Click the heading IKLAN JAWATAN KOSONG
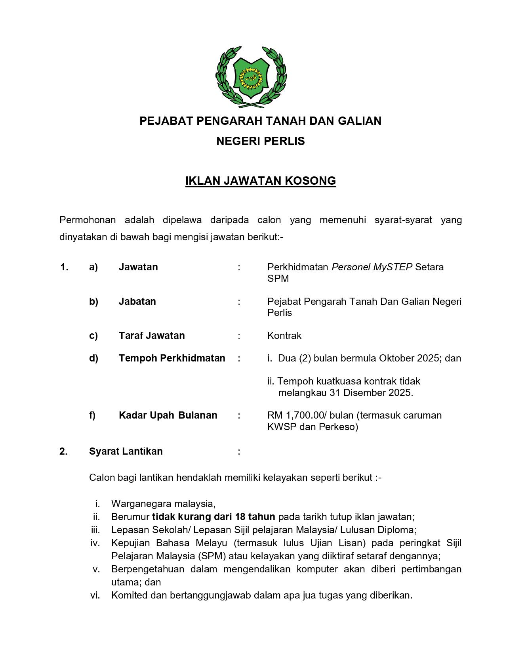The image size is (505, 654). (x=261, y=181)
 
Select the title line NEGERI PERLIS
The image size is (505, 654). (x=261, y=141)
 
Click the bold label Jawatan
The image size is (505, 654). (x=138, y=267)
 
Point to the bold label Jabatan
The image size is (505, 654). (x=137, y=302)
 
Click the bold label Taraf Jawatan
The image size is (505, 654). (x=152, y=336)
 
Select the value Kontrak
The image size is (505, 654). (x=284, y=336)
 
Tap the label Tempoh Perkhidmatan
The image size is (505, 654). (x=172, y=358)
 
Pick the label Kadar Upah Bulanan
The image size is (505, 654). (x=168, y=415)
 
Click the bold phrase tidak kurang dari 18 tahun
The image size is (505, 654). (x=213, y=517)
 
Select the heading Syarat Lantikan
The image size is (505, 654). (x=126, y=451)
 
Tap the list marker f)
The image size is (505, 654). (x=92, y=415)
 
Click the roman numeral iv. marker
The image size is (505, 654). (x=95, y=543)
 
